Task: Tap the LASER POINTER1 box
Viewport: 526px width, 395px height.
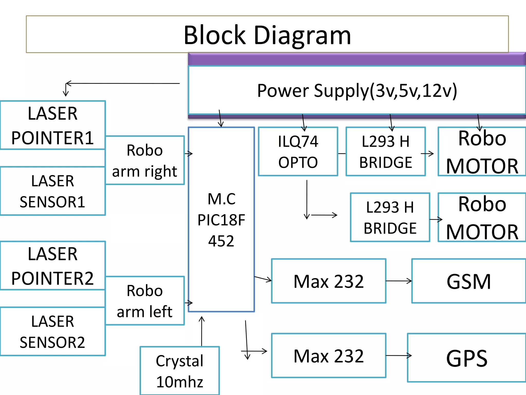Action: [x=53, y=125]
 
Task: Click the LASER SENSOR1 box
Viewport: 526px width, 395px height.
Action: [x=53, y=191]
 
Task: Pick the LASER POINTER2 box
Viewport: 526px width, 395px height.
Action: [x=53, y=265]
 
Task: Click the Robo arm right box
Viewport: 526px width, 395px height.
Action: [x=145, y=160]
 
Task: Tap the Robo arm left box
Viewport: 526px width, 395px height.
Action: [x=145, y=301]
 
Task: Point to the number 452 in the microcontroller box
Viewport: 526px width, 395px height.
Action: [x=221, y=241]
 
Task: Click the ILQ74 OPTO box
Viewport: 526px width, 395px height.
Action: [x=298, y=151]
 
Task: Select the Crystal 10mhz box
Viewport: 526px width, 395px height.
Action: [x=180, y=371]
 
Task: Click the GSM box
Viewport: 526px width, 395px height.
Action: [x=469, y=281]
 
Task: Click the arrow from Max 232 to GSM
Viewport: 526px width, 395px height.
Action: [x=399, y=281]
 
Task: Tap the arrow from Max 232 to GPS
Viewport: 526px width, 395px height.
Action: [x=399, y=355]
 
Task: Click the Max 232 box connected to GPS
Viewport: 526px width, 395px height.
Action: [x=329, y=356]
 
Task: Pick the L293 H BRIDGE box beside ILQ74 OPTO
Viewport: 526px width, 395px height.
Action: [x=386, y=151]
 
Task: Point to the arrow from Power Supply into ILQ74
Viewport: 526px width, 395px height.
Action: [x=304, y=123]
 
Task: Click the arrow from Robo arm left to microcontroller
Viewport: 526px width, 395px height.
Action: [x=189, y=303]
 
